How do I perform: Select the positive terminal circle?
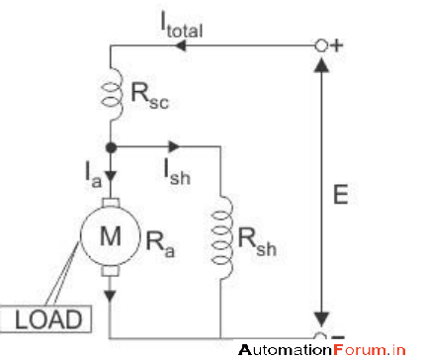[x=320, y=45]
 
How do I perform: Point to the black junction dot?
[x=110, y=146]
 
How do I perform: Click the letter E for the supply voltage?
[x=339, y=197]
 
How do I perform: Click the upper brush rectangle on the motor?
[x=110, y=205]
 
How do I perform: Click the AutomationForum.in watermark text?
[x=322, y=349]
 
